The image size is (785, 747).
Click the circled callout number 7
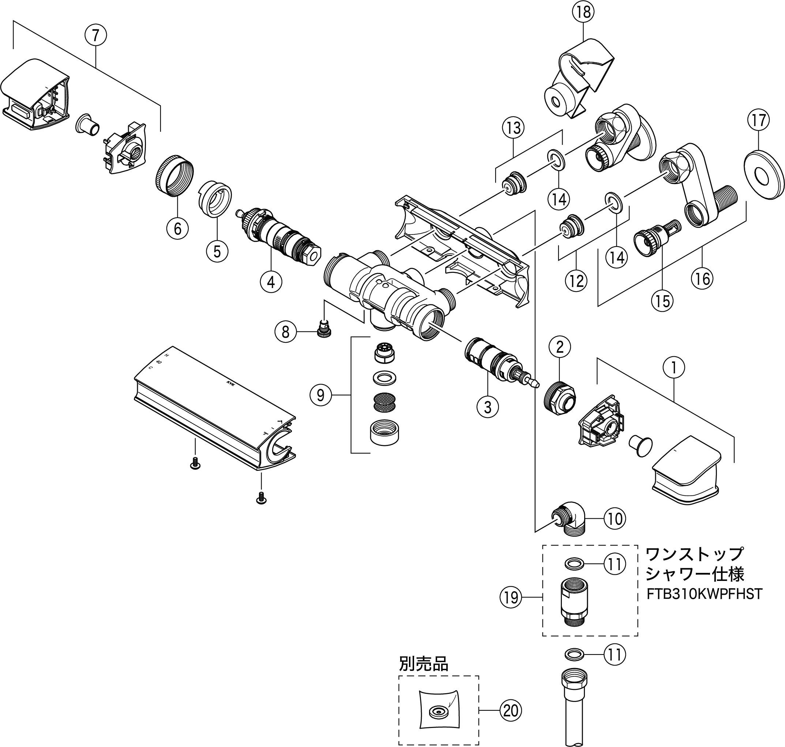click(x=95, y=36)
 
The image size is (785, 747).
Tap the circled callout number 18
click(x=583, y=12)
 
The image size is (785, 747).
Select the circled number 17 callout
click(x=758, y=120)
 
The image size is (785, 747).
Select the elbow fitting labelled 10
click(x=568, y=519)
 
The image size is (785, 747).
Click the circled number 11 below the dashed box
click(x=615, y=654)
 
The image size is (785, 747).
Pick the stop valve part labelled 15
click(x=656, y=236)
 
